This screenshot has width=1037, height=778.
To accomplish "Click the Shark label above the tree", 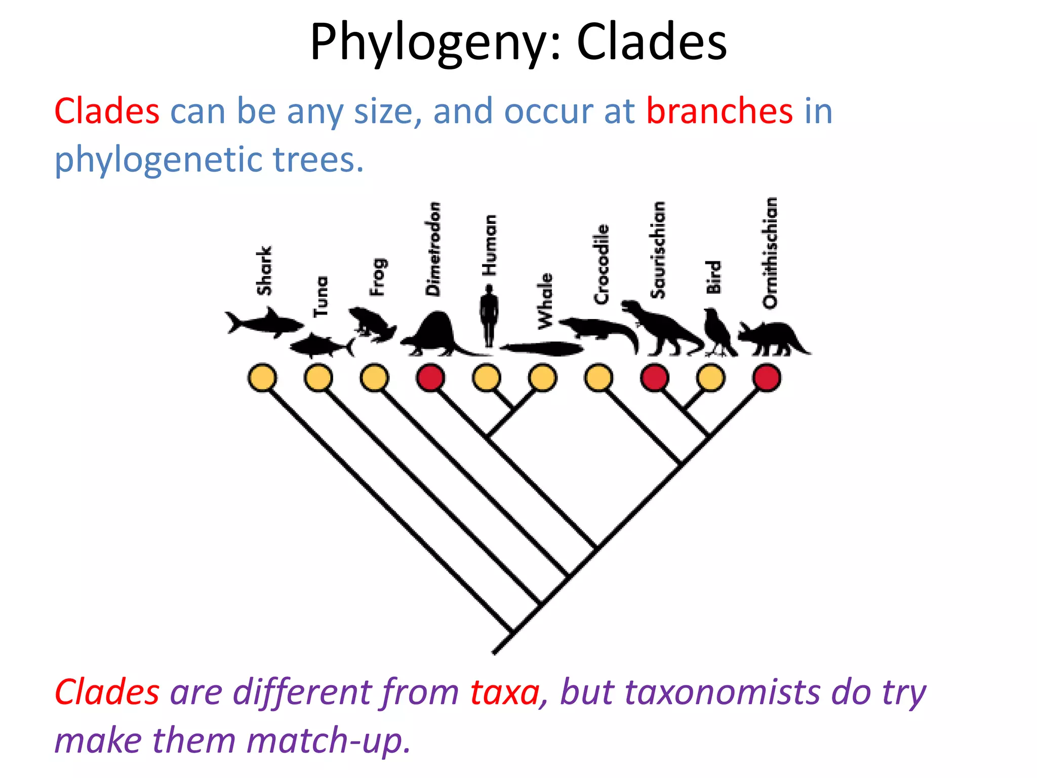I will [x=264, y=271].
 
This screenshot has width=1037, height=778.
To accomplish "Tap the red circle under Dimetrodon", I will [x=430, y=378].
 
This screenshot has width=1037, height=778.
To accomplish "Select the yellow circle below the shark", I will [x=262, y=378].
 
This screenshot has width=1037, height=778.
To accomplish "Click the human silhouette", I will [x=489, y=314].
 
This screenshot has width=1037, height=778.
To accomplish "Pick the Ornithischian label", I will [x=770, y=252].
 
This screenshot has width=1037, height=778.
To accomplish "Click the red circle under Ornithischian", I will [x=767, y=378].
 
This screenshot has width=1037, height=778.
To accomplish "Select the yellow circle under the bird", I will [x=710, y=378].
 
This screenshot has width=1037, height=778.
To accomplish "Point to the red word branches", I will [x=720, y=111].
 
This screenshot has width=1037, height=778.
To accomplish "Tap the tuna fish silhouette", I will [x=321, y=346].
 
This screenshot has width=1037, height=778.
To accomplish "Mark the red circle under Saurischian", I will [x=654, y=378].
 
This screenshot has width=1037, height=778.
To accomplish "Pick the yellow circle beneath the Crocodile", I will [x=599, y=378].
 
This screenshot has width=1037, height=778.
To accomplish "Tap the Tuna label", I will [x=321, y=296].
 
